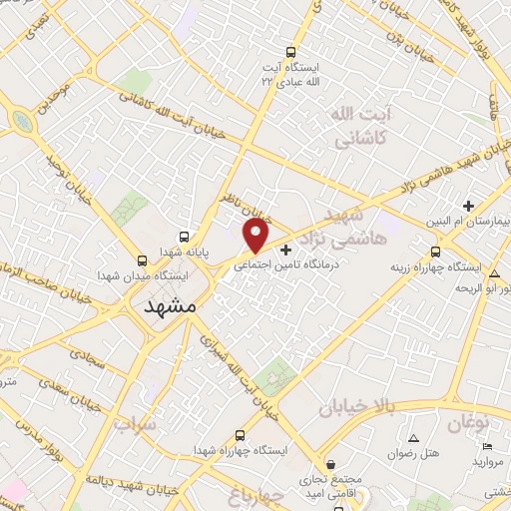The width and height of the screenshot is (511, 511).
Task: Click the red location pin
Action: point(256,236)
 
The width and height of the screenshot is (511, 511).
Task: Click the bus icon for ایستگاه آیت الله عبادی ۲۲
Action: point(290,53)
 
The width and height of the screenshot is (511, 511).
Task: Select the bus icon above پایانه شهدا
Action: point(186,235)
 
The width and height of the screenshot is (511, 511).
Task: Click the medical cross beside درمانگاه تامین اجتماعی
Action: point(287,249)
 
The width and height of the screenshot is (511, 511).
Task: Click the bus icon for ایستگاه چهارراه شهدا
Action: point(240,435)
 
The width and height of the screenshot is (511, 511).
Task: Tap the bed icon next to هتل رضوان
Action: point(414,438)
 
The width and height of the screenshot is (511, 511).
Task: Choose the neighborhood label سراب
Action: point(136,425)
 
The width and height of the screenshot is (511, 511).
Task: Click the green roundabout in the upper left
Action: point(20,122)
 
